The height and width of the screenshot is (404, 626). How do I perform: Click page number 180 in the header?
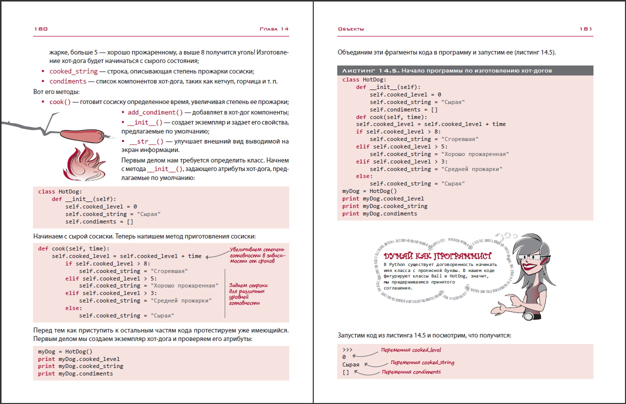(x=41, y=29)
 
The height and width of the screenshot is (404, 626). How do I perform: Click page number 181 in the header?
(x=586, y=29)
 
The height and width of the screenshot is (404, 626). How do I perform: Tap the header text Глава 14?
(x=274, y=29)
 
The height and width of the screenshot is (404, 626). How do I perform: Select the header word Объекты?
(x=351, y=29)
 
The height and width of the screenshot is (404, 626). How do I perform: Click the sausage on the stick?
(x=83, y=134)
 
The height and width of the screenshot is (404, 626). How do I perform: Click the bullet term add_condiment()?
(x=155, y=112)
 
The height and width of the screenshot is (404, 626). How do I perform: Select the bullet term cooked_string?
(x=74, y=71)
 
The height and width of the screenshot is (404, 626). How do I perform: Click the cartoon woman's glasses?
(x=531, y=257)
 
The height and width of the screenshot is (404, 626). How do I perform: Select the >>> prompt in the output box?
(x=348, y=349)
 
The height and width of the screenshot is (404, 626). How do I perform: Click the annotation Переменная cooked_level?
(x=411, y=350)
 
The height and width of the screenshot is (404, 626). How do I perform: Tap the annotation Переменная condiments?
(x=411, y=372)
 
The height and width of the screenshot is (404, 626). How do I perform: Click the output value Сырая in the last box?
(x=351, y=364)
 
